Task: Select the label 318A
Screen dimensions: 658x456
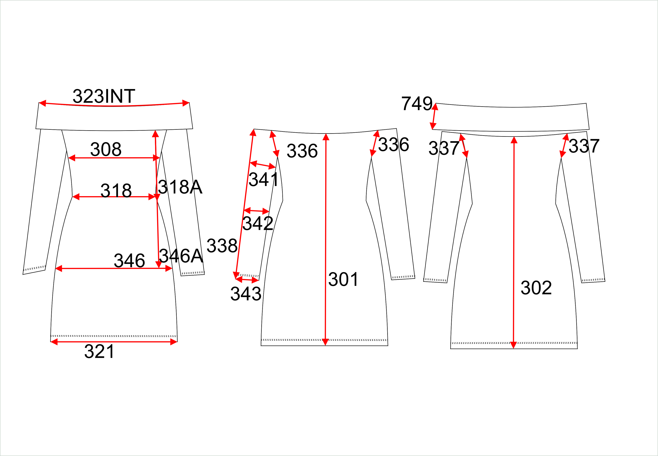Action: (180, 187)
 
